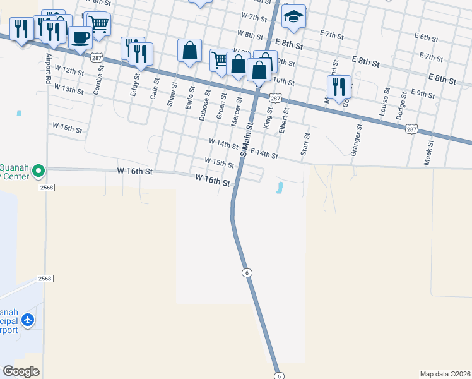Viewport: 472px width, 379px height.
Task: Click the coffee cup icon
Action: [80, 37]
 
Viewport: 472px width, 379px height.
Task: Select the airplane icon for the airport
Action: [28, 320]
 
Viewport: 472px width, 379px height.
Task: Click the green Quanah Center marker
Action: [38, 170]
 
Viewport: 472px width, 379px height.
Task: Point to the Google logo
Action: [21, 371]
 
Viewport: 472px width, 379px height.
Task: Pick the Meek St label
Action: [428, 152]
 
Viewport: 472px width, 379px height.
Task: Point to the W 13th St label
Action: [68, 89]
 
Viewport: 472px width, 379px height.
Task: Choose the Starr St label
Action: [306, 143]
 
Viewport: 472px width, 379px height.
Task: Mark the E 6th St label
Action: [428, 37]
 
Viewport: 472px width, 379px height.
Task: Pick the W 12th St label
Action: [69, 69]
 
